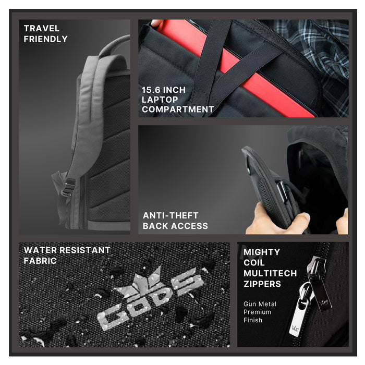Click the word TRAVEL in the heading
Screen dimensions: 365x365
pos(42,28)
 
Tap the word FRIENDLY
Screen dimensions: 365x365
pos(46,39)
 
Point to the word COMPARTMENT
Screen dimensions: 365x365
pos(178,110)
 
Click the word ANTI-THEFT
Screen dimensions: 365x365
pos(171,215)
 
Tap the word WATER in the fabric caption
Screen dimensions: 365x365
pos(40,250)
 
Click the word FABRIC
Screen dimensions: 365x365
pos(40,261)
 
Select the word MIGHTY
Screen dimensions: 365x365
pos(262,252)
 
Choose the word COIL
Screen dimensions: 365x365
pos(254,263)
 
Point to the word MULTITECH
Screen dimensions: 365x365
pos(270,273)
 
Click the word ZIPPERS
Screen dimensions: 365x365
pos(262,284)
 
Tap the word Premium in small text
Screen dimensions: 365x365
pos(257,312)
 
